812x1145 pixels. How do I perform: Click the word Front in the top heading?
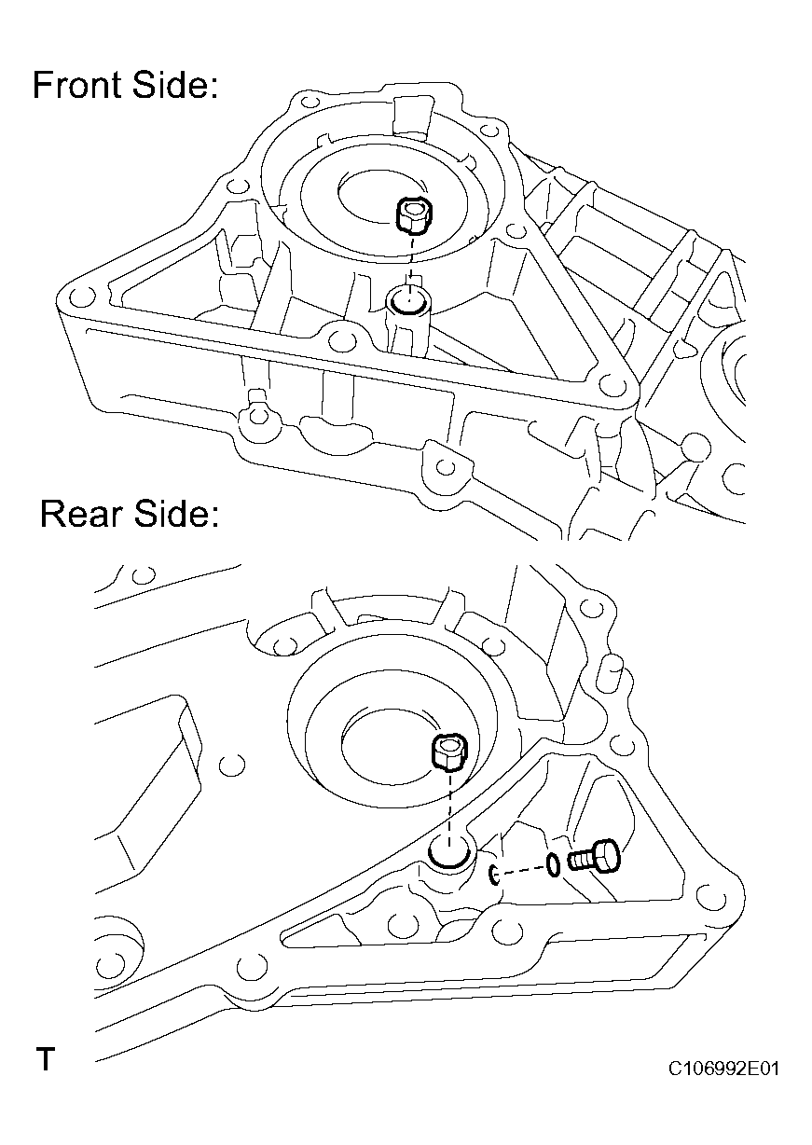(x=77, y=86)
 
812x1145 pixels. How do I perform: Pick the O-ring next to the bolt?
(x=554, y=865)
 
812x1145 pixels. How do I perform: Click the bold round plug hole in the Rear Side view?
(x=449, y=852)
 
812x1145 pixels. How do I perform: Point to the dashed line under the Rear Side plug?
(x=450, y=804)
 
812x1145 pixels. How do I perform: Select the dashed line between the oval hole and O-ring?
(x=523, y=870)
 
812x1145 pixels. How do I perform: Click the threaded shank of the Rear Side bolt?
(x=578, y=860)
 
